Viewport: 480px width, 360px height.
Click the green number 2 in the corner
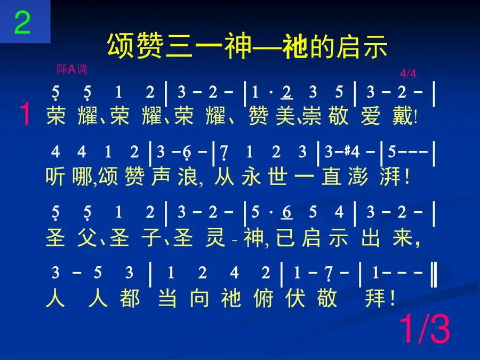[x=22, y=22]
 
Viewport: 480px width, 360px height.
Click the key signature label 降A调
[x=72, y=69]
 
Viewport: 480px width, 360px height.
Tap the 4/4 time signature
[x=408, y=74]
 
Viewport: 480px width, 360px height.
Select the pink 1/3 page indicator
[x=425, y=329]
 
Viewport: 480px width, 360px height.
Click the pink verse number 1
[x=25, y=114]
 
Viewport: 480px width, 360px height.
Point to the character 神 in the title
[x=238, y=46]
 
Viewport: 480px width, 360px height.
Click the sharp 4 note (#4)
[x=352, y=151]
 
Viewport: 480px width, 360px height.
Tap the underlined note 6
[x=286, y=212]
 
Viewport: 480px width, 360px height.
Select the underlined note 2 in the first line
[x=286, y=92]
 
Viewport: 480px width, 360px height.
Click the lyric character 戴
[x=403, y=116]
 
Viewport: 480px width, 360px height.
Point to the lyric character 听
[x=55, y=177]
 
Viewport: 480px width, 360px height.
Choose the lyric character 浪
[x=188, y=177]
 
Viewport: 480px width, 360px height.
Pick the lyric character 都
[x=130, y=298]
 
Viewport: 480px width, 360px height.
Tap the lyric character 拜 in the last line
[x=375, y=298]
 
